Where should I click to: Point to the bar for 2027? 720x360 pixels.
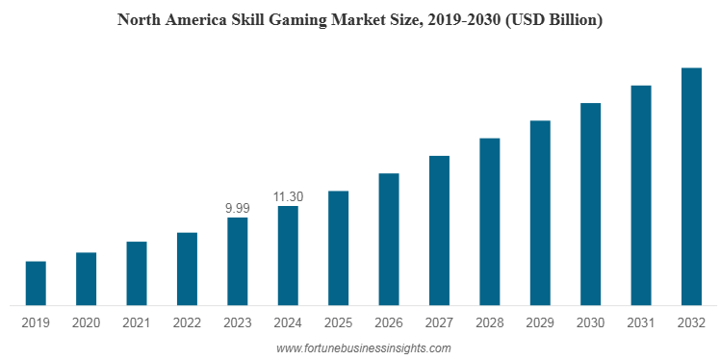pos(439,230)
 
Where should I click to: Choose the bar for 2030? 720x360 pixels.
pos(590,204)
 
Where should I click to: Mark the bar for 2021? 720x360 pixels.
pos(137,273)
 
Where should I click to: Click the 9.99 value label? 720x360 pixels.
pos(237,208)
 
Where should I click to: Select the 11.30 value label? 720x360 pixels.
pos(288,196)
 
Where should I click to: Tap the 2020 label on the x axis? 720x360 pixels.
pos(86,323)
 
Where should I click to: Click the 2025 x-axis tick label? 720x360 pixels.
pos(338,323)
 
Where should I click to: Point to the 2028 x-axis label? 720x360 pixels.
pos(489,323)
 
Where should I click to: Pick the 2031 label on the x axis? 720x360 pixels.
pos(640,323)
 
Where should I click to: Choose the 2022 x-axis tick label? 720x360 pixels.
pos(187,323)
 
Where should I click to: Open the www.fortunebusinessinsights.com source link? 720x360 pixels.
pos(363,347)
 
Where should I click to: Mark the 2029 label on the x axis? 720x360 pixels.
pos(539,323)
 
